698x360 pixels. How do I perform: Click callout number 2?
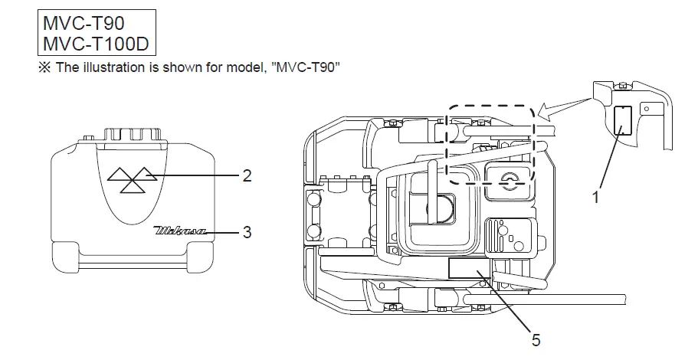point(247,175)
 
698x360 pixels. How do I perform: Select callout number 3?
point(247,231)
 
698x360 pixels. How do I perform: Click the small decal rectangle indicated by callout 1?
point(622,120)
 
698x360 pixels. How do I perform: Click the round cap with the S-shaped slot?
point(506,181)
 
